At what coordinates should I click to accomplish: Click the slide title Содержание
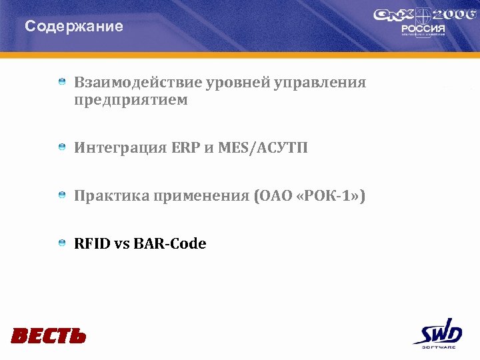(74, 27)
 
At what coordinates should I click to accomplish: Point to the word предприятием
(131, 100)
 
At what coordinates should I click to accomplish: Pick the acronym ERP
(185, 147)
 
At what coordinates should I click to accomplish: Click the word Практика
(111, 196)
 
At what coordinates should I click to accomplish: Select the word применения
(201, 196)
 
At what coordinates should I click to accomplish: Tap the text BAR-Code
(170, 244)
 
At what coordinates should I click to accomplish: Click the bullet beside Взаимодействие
(61, 81)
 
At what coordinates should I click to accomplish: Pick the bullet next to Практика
(61, 195)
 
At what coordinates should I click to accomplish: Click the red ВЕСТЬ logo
(49, 335)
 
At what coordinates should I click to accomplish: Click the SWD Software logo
(437, 333)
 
